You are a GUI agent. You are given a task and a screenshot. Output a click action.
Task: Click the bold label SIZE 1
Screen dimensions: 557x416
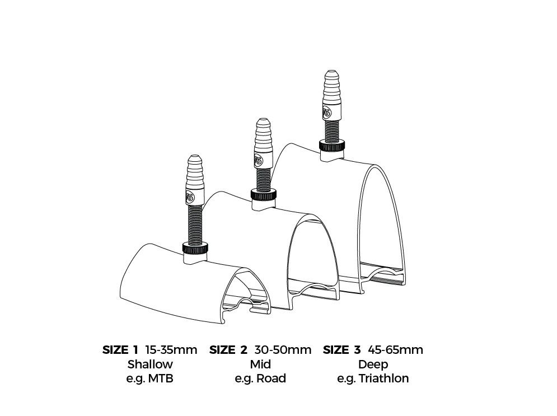(120, 350)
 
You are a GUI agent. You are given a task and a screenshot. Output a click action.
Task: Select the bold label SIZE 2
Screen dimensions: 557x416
(228, 350)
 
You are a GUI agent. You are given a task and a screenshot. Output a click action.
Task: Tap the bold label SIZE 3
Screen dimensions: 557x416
(341, 350)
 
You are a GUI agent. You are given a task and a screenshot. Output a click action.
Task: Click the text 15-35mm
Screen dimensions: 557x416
(171, 350)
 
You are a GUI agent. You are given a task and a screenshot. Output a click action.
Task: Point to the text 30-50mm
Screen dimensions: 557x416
(283, 350)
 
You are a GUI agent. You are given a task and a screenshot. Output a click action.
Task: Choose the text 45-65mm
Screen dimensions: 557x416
(395, 350)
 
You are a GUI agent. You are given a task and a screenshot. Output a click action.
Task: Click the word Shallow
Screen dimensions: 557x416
(150, 364)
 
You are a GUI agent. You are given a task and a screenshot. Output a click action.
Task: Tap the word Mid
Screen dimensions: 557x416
(260, 364)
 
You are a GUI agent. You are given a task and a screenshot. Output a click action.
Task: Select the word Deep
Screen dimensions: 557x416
(373, 364)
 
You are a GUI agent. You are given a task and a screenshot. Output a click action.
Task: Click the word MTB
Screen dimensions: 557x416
(161, 378)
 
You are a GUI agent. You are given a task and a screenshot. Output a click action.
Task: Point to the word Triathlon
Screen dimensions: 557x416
(383, 378)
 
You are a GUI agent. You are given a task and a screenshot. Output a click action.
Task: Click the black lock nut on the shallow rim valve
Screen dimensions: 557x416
(195, 247)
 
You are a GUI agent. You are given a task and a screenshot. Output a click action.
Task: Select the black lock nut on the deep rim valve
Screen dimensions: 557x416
(332, 146)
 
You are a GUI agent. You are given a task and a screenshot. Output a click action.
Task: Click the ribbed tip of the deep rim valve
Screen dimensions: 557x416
(332, 85)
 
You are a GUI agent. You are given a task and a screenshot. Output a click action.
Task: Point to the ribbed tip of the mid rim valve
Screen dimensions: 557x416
(264, 133)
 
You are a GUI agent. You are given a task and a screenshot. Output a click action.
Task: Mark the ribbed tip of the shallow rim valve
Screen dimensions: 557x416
(195, 170)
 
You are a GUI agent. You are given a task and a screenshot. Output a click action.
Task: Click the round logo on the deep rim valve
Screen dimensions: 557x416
(327, 113)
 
